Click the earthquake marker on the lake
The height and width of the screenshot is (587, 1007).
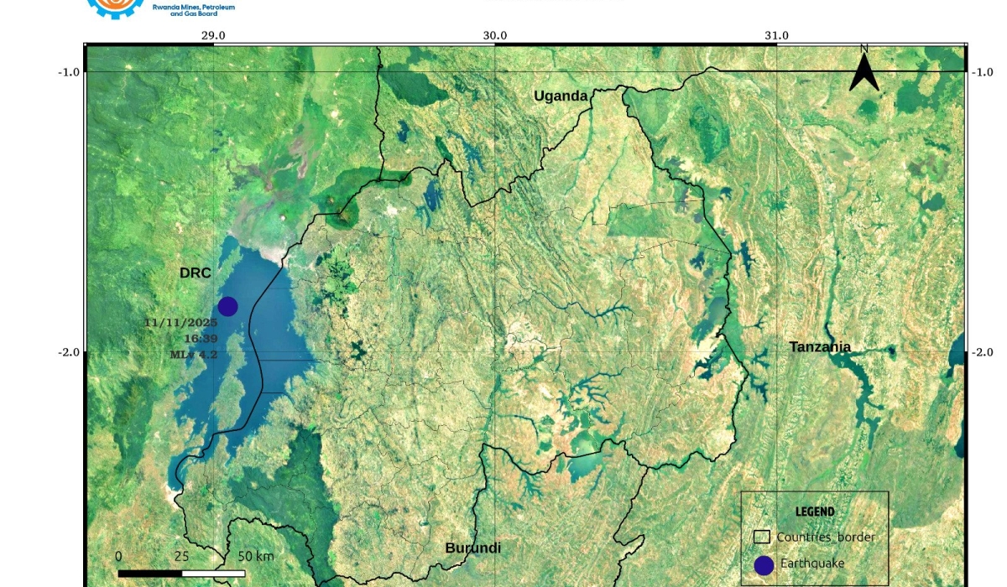point(227,307)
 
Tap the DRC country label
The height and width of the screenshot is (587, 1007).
point(195,273)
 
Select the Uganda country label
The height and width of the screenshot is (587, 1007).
point(561,96)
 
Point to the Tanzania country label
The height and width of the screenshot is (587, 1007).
point(820,347)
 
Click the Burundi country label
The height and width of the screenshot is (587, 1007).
point(472,548)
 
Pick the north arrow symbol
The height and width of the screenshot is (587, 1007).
point(864,69)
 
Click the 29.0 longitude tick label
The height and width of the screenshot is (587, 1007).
point(213,35)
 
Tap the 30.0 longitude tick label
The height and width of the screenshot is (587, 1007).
point(495,35)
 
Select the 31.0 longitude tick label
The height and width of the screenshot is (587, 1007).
point(777,35)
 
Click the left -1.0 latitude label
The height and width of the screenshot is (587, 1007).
point(69,72)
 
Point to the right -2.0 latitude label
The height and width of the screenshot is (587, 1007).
point(982,353)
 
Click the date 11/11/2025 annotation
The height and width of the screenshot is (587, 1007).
point(180,323)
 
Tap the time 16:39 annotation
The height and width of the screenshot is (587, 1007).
point(201,339)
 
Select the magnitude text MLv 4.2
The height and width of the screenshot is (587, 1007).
point(194,355)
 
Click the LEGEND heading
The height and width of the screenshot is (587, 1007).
point(814,512)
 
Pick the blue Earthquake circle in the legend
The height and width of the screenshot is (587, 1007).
point(764,565)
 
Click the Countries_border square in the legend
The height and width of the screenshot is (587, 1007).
point(761,537)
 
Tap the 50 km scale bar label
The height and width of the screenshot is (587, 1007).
point(256,557)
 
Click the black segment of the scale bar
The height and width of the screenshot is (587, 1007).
point(149,574)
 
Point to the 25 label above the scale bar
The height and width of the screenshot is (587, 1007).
point(181,557)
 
